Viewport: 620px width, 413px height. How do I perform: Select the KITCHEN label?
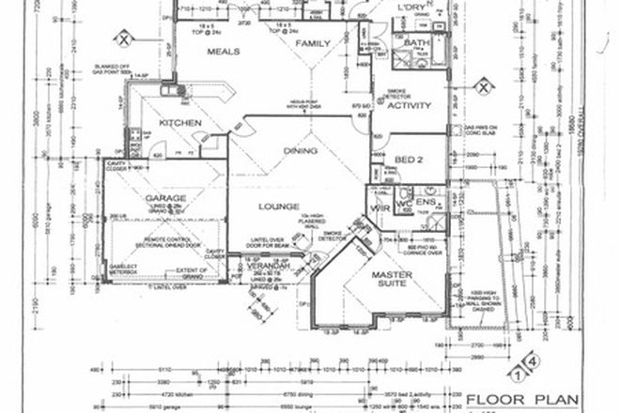click(176, 123)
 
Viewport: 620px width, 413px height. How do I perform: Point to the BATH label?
click(414, 44)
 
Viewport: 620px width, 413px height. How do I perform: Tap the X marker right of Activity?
click(483, 87)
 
